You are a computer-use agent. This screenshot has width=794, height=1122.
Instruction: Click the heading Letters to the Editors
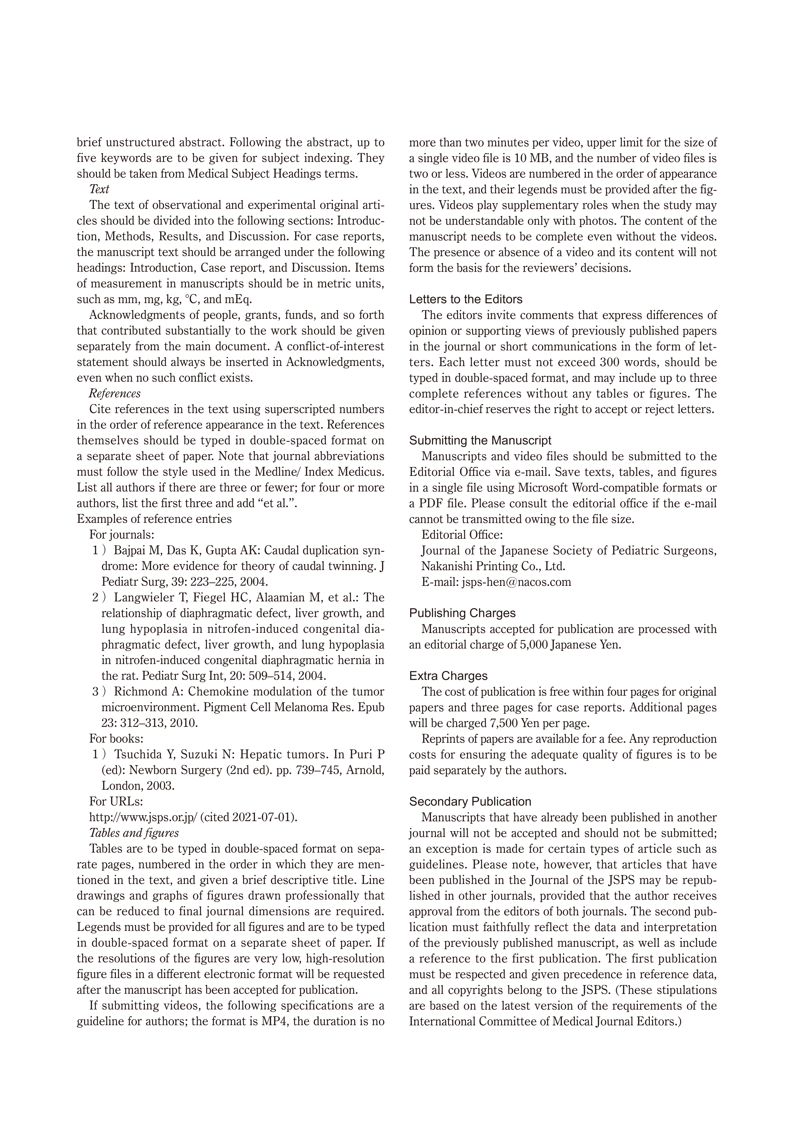[x=466, y=299]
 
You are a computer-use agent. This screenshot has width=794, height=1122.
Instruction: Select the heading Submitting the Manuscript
[x=480, y=440]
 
